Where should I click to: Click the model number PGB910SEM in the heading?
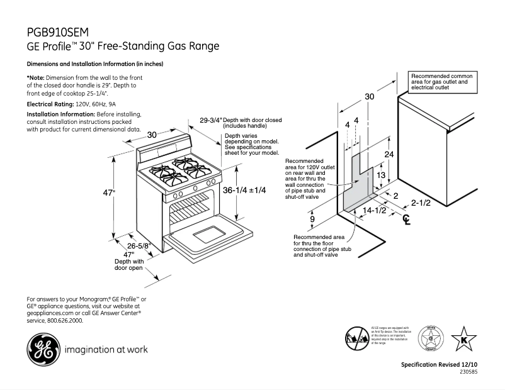(x=58, y=32)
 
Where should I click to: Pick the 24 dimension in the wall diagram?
(x=390, y=154)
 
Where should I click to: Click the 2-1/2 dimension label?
(x=421, y=203)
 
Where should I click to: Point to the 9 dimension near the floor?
(x=313, y=219)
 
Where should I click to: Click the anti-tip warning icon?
(x=356, y=338)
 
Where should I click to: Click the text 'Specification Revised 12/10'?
(x=440, y=365)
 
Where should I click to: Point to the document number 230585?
(x=468, y=372)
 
